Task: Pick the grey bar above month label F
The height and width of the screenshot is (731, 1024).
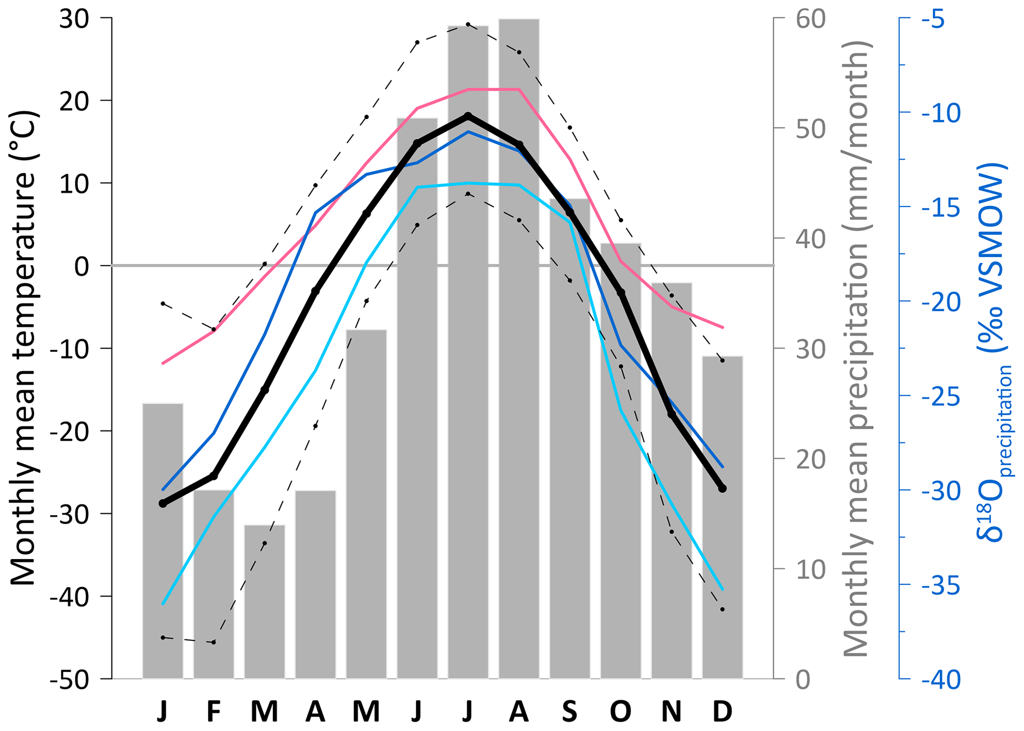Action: [x=214, y=584]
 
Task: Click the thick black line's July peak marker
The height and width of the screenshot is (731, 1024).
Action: [x=468, y=116]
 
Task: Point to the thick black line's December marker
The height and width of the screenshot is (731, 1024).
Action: [x=722, y=488]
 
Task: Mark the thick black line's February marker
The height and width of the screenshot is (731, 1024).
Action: [x=214, y=476]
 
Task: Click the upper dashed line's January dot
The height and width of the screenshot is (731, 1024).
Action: [x=163, y=303]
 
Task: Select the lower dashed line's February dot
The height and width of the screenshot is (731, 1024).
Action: [x=214, y=642]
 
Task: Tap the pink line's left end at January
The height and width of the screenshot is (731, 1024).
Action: [x=163, y=363]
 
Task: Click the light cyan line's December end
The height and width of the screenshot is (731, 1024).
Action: [x=722, y=589]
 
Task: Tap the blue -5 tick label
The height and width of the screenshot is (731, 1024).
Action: [x=940, y=20]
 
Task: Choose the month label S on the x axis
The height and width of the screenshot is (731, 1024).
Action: [x=570, y=712]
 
